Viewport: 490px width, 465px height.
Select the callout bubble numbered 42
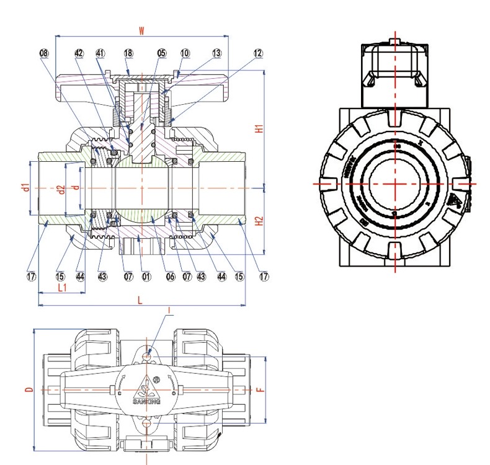coord(79,54)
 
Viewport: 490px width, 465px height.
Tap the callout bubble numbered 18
coord(128,54)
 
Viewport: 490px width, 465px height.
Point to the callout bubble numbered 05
coord(161,54)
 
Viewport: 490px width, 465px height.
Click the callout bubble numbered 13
coord(216,54)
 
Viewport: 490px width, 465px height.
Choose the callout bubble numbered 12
coord(258,54)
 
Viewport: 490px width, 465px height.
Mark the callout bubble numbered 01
coord(147,276)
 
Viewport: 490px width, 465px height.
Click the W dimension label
coord(141,30)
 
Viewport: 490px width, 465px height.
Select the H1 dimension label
coord(261,129)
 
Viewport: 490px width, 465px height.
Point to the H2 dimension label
coord(261,219)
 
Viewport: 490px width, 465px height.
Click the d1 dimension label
coord(25,187)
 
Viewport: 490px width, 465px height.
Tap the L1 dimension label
coord(62,288)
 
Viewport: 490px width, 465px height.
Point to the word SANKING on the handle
coord(146,402)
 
